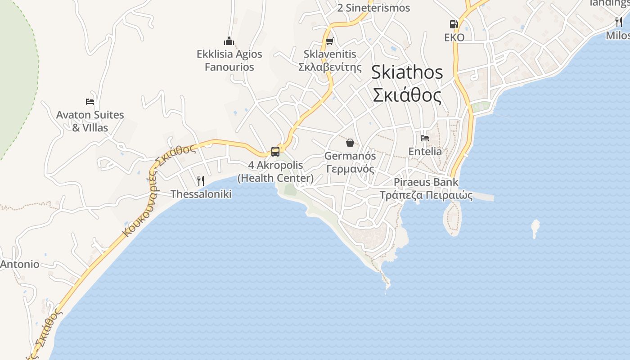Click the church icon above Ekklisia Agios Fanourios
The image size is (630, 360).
tap(229, 41)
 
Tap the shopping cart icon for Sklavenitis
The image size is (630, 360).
tap(329, 41)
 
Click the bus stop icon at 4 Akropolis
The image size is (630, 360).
tap(275, 152)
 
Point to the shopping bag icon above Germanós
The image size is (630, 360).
tap(350, 143)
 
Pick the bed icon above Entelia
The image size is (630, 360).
tap(425, 138)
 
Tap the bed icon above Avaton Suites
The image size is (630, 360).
tap(90, 102)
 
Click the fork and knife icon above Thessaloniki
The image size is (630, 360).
tap(201, 181)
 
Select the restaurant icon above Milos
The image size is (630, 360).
tap(619, 22)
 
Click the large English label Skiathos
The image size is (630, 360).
tap(407, 72)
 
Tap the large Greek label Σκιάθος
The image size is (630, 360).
tap(407, 95)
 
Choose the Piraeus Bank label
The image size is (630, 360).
tap(426, 182)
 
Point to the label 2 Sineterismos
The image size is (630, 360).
tap(373, 8)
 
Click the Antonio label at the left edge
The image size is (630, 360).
tap(20, 264)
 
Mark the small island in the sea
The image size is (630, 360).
tap(535, 228)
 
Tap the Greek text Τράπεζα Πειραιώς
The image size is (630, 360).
tap(426, 195)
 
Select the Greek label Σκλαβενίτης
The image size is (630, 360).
tap(330, 67)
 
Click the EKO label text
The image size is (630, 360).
tap(454, 37)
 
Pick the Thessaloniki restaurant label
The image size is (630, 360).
tap(201, 194)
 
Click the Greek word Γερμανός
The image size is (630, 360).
tap(350, 169)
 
